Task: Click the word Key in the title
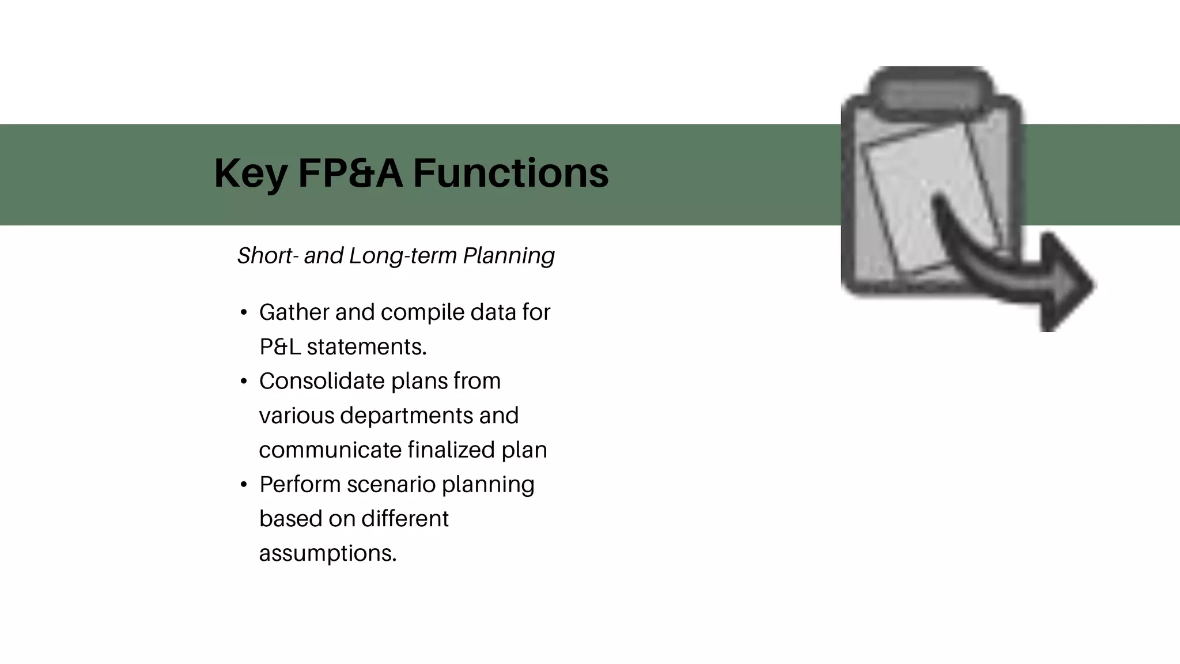250,173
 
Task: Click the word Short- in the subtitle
268,255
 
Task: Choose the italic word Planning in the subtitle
509,255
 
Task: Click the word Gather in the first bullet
294,312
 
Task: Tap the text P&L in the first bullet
280,347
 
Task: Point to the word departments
406,416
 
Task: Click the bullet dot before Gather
244,313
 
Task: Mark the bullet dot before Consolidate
244,382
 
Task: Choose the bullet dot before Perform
244,485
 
